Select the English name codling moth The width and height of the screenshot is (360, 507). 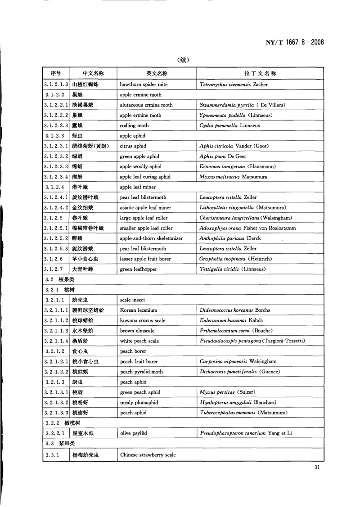[x=134, y=126]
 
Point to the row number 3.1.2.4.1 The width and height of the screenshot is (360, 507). [x=56, y=197]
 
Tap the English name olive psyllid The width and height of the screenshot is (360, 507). [x=134, y=433]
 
